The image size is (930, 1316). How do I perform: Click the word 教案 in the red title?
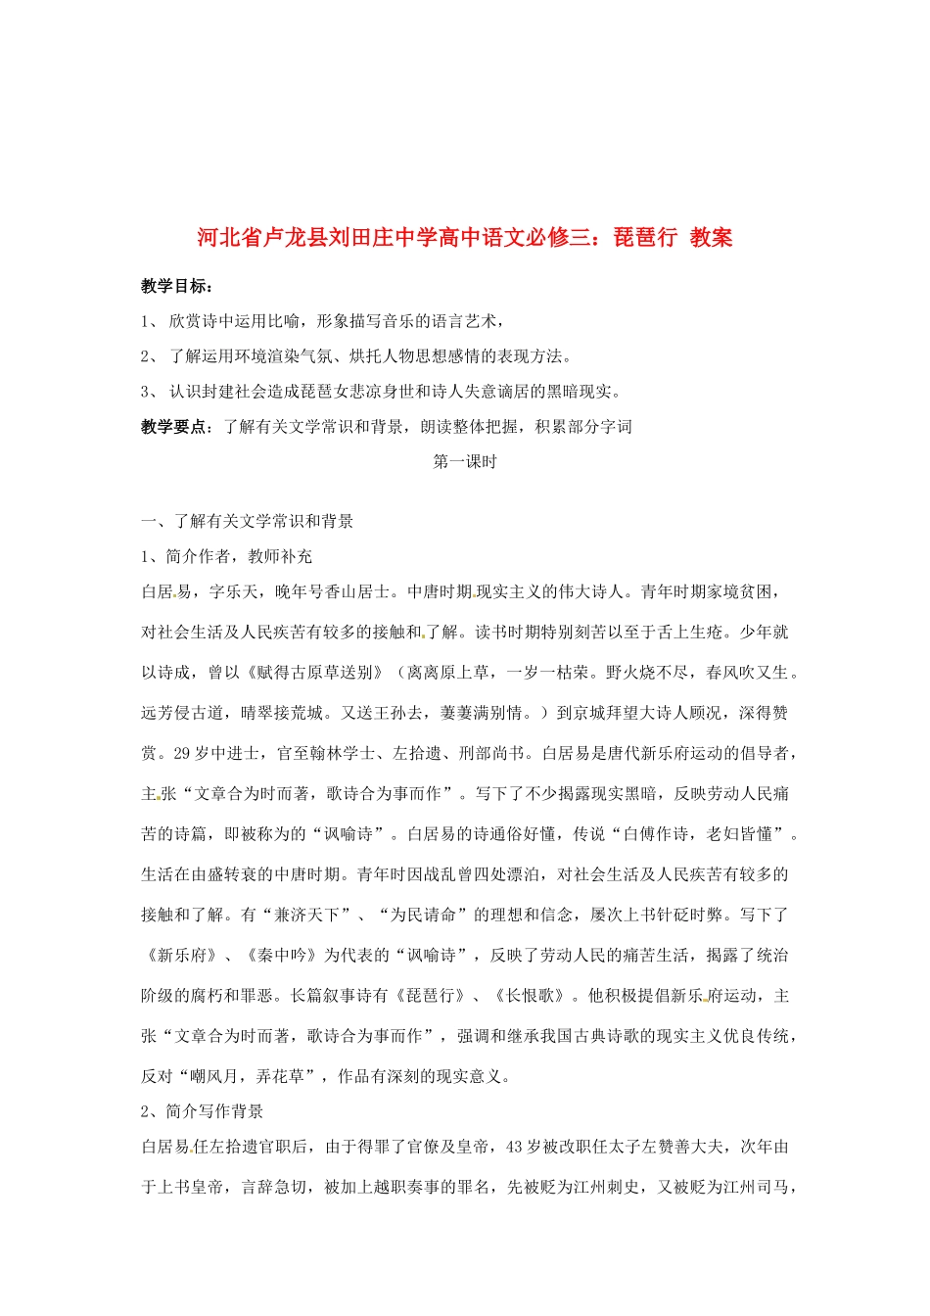click(711, 237)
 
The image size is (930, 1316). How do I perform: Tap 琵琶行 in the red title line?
click(645, 237)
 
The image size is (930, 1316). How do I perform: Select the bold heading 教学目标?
click(174, 286)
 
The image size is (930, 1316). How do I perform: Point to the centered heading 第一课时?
click(465, 461)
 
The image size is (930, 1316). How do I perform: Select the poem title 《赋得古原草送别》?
click(316, 672)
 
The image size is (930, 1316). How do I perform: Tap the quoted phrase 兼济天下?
click(307, 915)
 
